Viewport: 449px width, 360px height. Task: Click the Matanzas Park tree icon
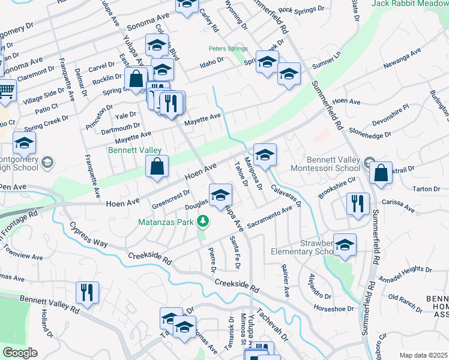(x=203, y=221)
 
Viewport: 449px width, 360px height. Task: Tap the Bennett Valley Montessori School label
(x=333, y=164)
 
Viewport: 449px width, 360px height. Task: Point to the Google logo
(x=20, y=353)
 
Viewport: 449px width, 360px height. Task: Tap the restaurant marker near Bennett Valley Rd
(x=87, y=293)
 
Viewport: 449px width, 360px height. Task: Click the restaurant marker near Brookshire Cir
(x=356, y=204)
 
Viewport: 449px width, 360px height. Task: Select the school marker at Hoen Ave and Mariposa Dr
(x=265, y=155)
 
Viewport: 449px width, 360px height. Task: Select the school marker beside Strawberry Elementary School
(x=345, y=245)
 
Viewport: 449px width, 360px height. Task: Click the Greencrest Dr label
(x=171, y=196)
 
